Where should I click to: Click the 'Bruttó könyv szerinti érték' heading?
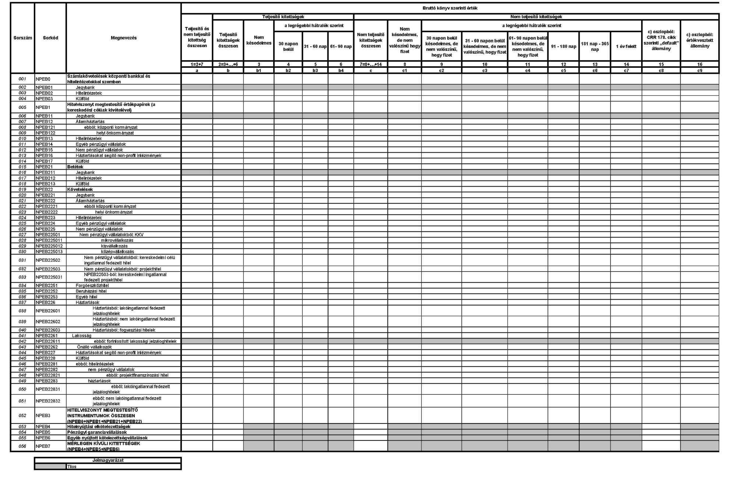click(x=450, y=8)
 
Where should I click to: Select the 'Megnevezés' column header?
click(x=123, y=38)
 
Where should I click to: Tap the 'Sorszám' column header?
click(x=22, y=38)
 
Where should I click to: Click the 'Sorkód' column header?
click(x=50, y=38)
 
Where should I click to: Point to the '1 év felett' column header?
click(x=626, y=46)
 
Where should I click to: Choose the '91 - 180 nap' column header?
click(x=563, y=46)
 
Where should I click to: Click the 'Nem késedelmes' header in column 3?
click(x=259, y=41)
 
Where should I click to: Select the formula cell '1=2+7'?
click(x=197, y=65)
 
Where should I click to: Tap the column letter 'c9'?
click(x=699, y=70)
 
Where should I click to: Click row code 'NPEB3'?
click(x=43, y=415)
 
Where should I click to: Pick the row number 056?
click(x=22, y=446)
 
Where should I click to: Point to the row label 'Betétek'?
click(x=75, y=167)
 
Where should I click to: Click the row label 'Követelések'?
click(x=80, y=189)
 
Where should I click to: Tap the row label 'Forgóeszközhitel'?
click(x=92, y=286)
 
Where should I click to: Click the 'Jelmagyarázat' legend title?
click(x=108, y=460)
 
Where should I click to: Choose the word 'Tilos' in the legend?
click(x=72, y=467)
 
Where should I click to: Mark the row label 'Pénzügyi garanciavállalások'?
click(x=97, y=432)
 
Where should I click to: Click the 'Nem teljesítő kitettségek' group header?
click(x=536, y=17)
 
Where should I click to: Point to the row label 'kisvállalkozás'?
click(x=114, y=246)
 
